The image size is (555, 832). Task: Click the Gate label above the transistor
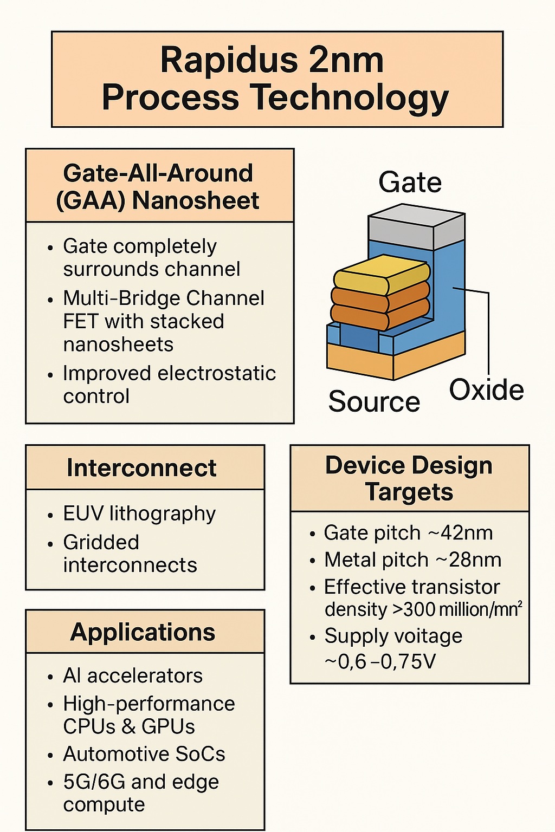pyautogui.click(x=410, y=182)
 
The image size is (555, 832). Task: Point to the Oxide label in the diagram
pyautogui.click(x=486, y=390)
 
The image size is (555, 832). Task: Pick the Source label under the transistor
pyautogui.click(x=374, y=402)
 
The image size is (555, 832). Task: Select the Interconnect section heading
pyautogui.click(x=141, y=468)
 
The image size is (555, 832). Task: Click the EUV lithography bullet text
pyautogui.click(x=139, y=513)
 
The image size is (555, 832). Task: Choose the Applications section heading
pyautogui.click(x=143, y=632)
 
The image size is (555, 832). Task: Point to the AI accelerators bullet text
pyautogui.click(x=133, y=676)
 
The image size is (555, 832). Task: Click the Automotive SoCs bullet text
pyautogui.click(x=144, y=754)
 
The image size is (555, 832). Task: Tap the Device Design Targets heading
pyautogui.click(x=409, y=479)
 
